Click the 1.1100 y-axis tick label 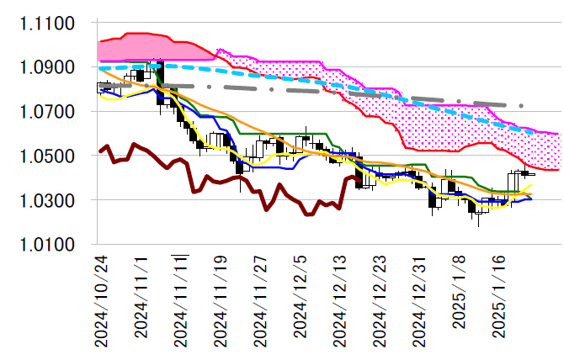(x=47, y=23)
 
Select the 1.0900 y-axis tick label (x=47, y=67)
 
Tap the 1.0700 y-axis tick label (x=47, y=112)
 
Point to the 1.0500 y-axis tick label (x=47, y=156)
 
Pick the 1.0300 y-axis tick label (x=47, y=201)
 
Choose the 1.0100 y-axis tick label (x=47, y=246)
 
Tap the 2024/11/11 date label (x=181, y=299)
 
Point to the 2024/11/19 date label (x=221, y=299)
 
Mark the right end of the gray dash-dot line (x=523, y=106)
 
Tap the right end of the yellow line (x=531, y=184)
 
